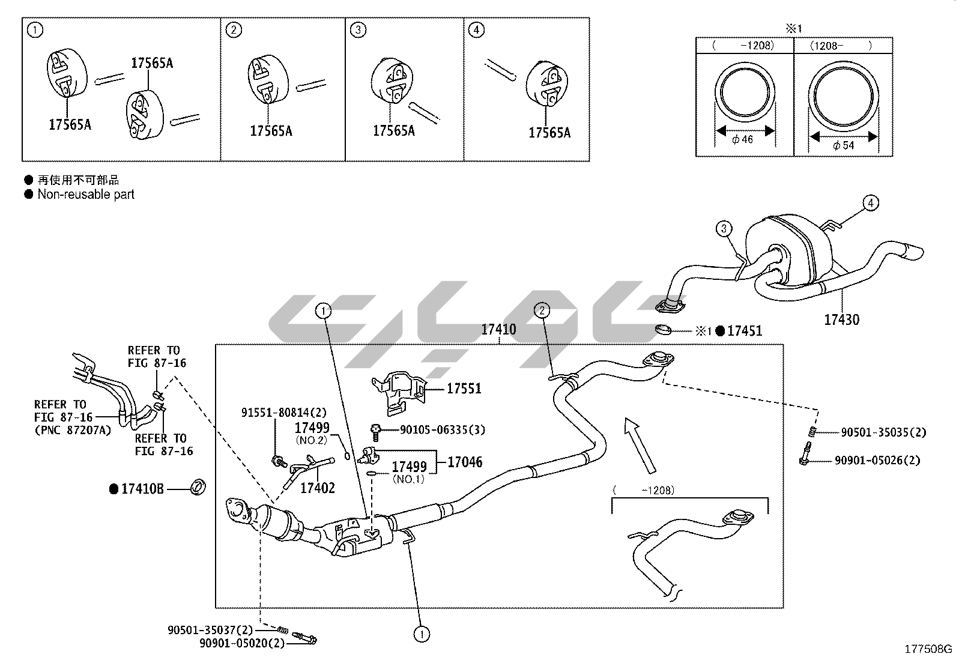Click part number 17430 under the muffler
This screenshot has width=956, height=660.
[x=841, y=319]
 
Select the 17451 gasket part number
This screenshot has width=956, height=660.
[x=745, y=330]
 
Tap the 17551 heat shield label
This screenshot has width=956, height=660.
[x=464, y=389]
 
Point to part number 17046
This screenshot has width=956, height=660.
[x=465, y=462]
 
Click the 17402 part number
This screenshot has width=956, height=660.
[x=317, y=488]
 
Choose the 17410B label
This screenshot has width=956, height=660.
[x=142, y=489]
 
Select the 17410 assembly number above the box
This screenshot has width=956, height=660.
[x=498, y=329]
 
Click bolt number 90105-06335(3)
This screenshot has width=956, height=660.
[x=443, y=430]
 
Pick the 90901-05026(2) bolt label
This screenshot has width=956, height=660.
[x=877, y=461]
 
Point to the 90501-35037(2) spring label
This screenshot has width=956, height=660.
[x=210, y=630]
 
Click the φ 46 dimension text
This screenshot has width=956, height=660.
[x=743, y=139]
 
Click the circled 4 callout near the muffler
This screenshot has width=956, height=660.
[x=871, y=203]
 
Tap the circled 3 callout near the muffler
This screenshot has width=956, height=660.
[x=724, y=228]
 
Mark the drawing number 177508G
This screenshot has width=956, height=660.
[x=928, y=649]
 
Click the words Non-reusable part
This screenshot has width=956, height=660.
[x=86, y=194]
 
